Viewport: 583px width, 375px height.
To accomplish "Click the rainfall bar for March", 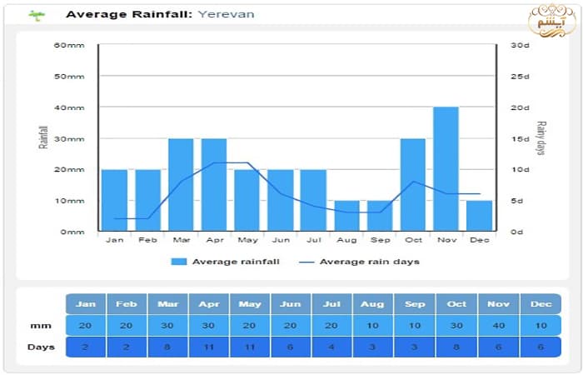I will click(x=181, y=185).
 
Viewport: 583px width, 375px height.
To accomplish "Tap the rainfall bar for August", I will click(x=346, y=216).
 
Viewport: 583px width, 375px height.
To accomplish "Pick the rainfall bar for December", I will click(x=479, y=216).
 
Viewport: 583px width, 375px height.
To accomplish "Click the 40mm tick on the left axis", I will click(x=70, y=107).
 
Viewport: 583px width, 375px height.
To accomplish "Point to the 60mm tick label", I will click(x=70, y=45).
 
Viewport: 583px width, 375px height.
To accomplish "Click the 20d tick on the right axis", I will click(x=520, y=107).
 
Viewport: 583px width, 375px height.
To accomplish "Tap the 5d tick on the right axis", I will click(x=518, y=201).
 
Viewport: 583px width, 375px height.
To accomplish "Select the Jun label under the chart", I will click(x=281, y=240).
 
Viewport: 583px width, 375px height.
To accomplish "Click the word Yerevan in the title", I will click(x=227, y=14).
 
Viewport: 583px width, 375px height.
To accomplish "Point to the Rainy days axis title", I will click(x=541, y=138).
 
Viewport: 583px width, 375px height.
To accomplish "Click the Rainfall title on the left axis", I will click(x=43, y=137).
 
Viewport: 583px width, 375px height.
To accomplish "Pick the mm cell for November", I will click(x=498, y=326).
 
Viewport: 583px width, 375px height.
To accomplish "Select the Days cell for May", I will click(x=249, y=347).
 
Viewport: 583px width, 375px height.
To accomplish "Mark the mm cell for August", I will click(x=373, y=326).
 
